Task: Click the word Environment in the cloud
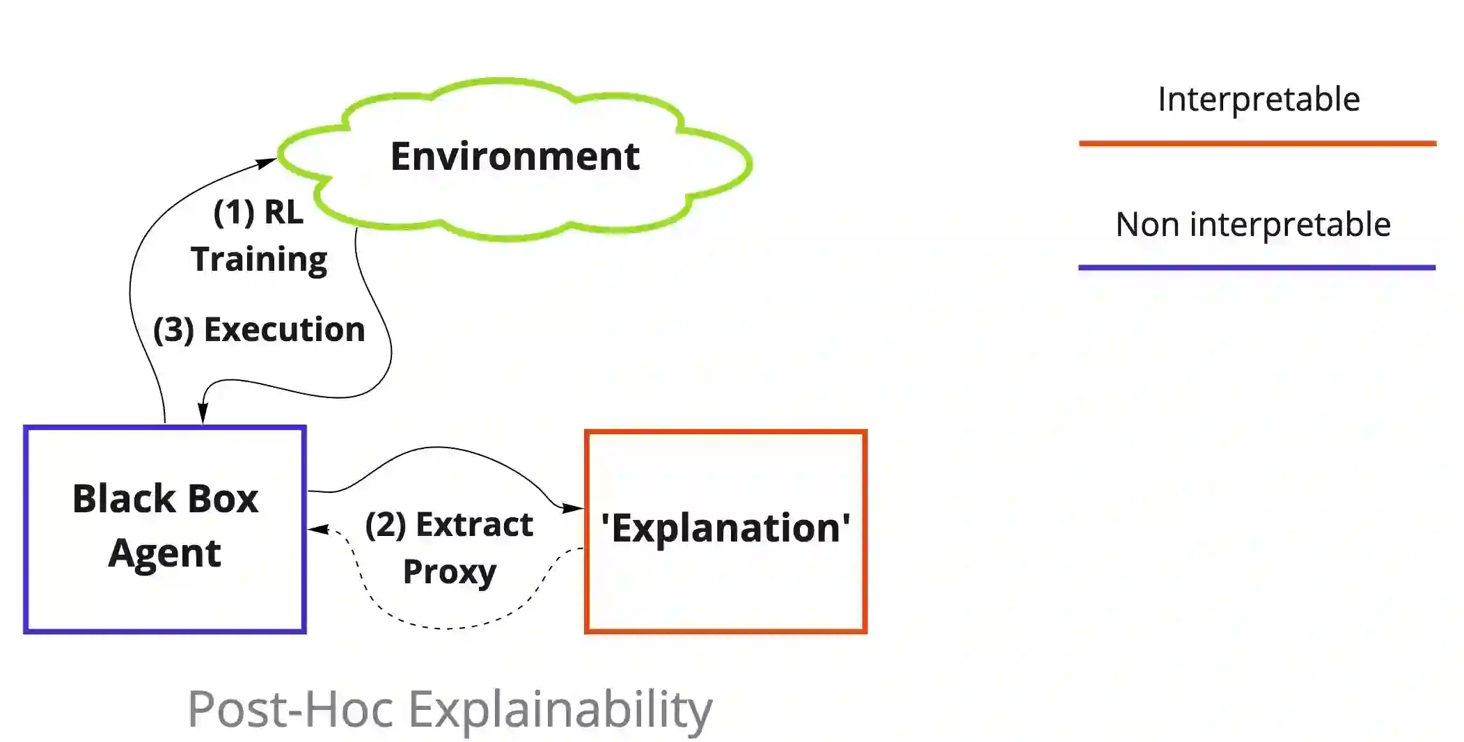coord(514,156)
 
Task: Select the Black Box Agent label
coord(165,526)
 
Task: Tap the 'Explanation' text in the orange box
coord(725,528)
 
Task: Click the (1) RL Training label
coord(259,235)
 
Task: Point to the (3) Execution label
coord(259,329)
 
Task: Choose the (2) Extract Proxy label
coord(449,548)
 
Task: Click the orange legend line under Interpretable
coord(1257,143)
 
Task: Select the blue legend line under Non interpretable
coord(1257,267)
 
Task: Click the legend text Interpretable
coord(1259,99)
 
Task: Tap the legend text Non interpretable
coord(1253,225)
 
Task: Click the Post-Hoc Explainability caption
coord(450,709)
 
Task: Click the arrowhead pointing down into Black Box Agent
coord(203,413)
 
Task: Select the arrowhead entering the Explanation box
coord(574,508)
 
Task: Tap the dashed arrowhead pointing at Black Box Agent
coord(318,530)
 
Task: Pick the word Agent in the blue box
coord(165,553)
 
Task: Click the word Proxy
coord(450,572)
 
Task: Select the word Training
coord(259,260)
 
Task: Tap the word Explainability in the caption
coord(560,709)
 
